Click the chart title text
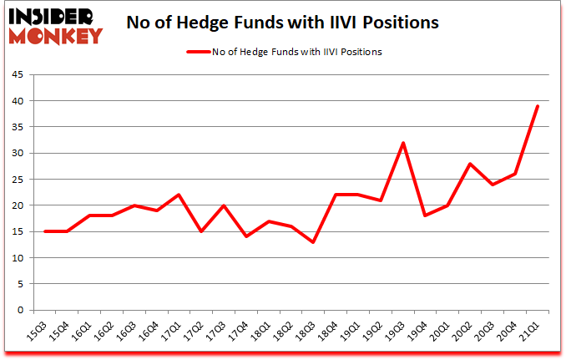[282, 23]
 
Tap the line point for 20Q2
[471, 164]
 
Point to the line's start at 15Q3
[45, 231]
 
